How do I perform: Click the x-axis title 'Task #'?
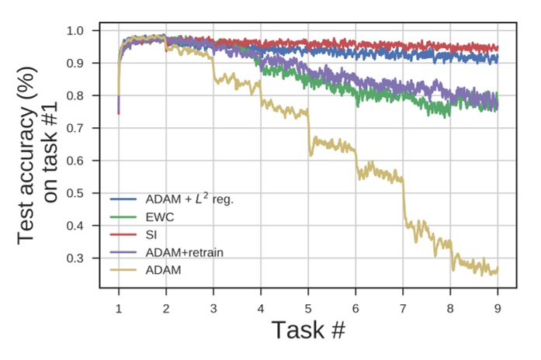tap(307, 331)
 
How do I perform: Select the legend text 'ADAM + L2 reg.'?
tap(189, 199)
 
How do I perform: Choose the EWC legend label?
tap(158, 216)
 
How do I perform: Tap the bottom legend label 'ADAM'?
tap(161, 270)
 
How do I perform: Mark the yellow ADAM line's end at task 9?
tap(497, 270)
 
